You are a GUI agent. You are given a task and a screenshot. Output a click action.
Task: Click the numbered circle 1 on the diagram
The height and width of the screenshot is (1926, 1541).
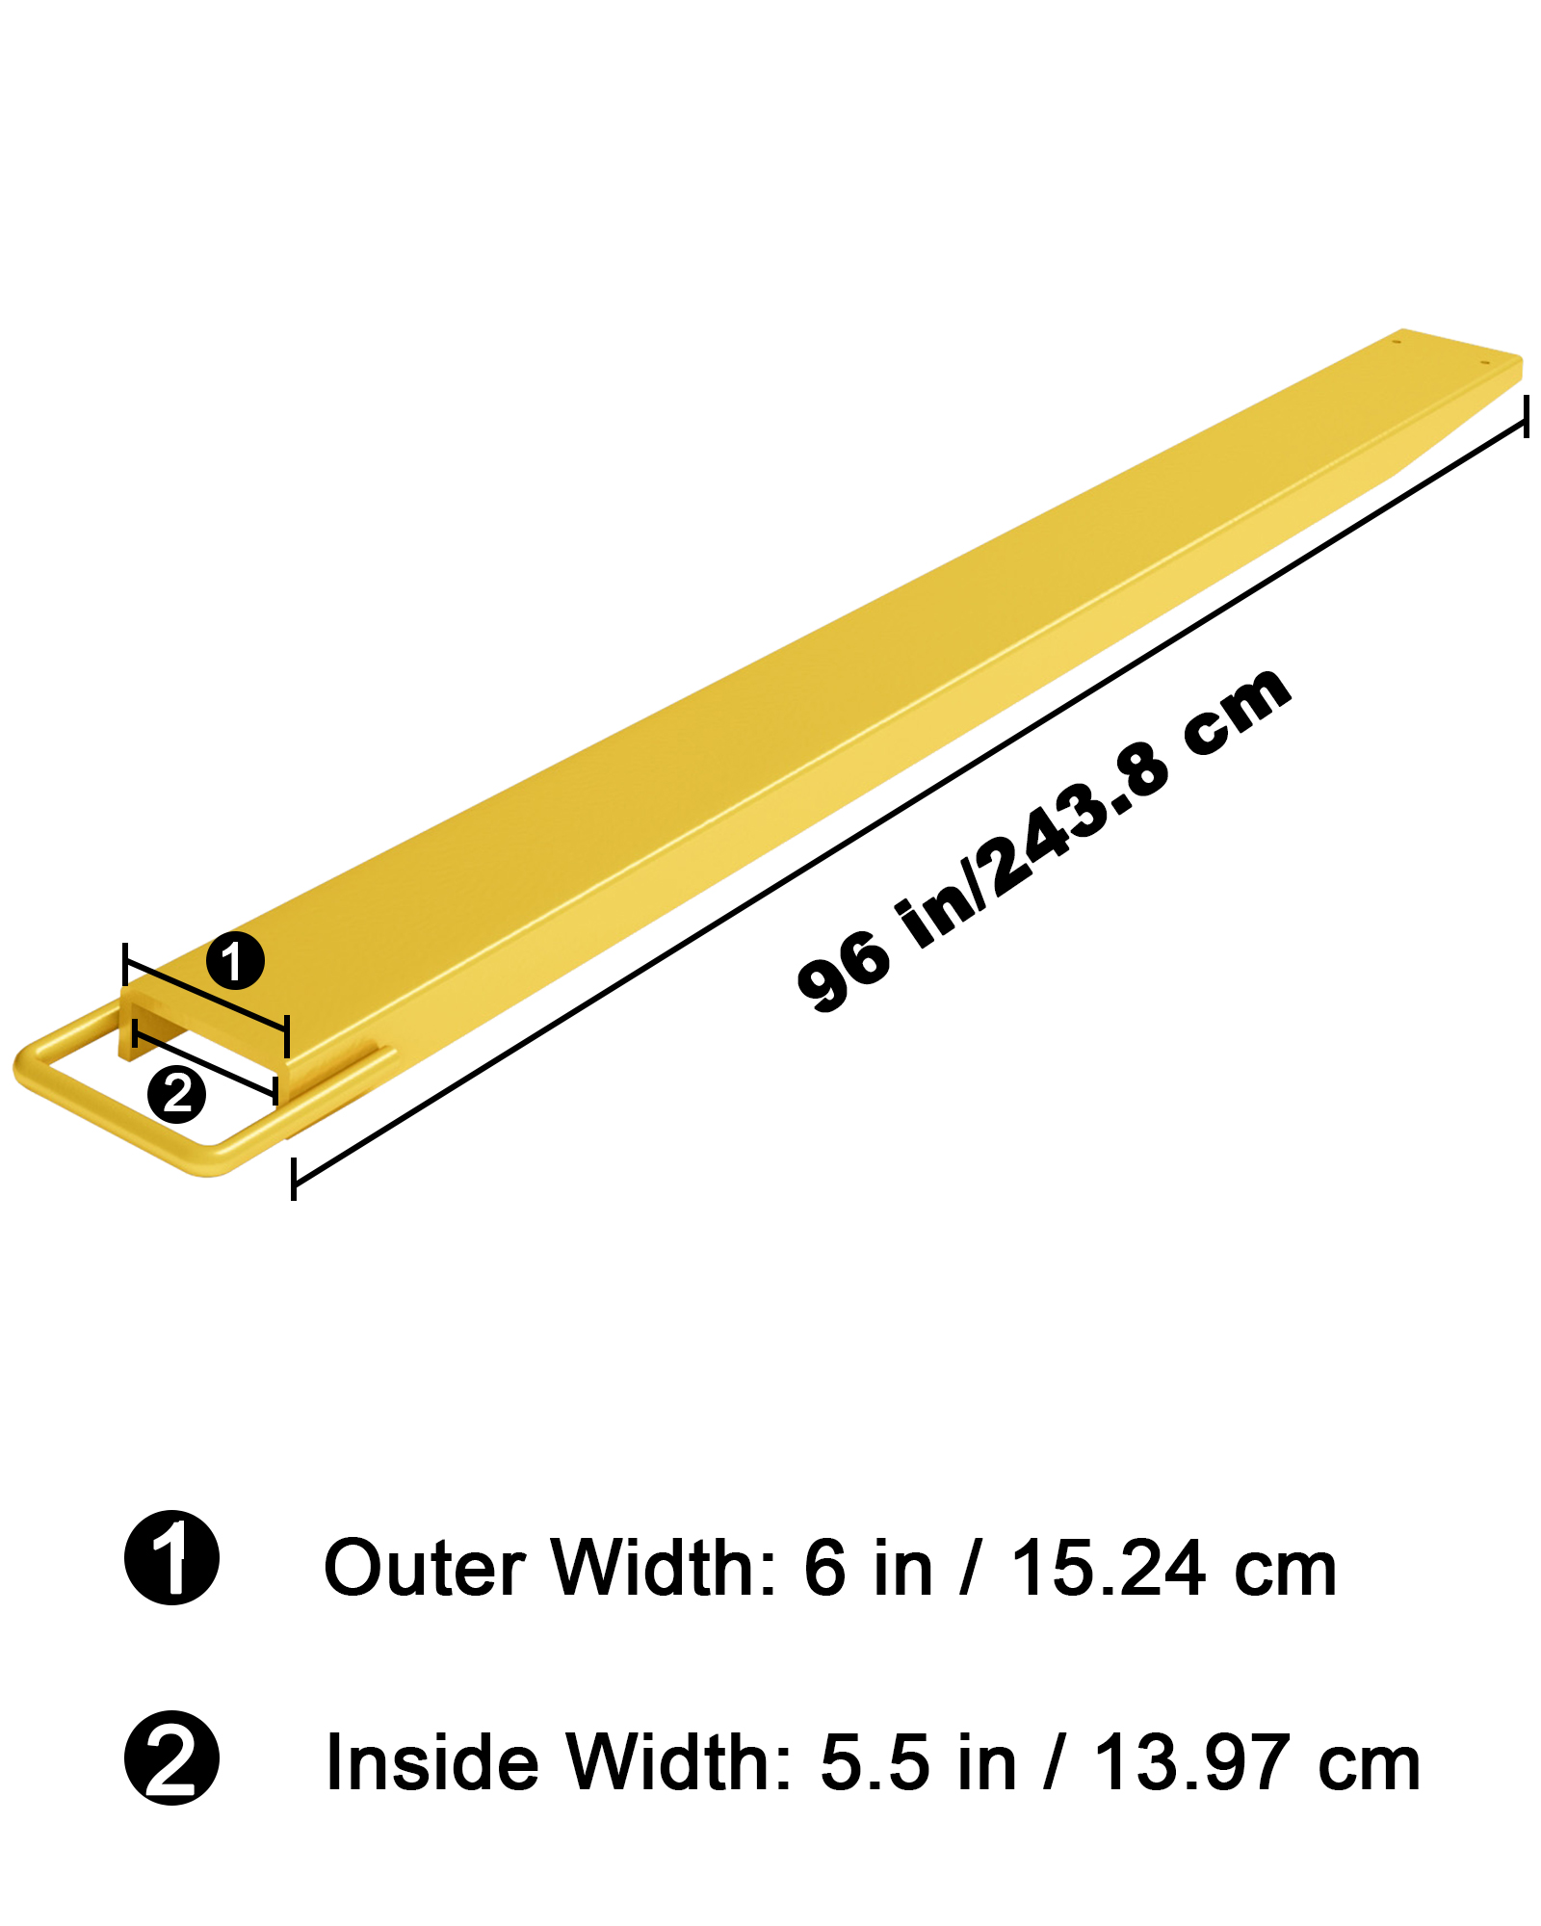pyautogui.click(x=235, y=960)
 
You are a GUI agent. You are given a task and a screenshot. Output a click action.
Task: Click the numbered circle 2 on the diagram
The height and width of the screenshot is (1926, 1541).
pyautogui.click(x=176, y=1094)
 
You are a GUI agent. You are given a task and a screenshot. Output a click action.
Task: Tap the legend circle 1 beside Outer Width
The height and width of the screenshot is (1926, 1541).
pyautogui.click(x=172, y=1557)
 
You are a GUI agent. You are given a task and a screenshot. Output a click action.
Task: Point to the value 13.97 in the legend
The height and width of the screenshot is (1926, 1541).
pyautogui.click(x=1191, y=1762)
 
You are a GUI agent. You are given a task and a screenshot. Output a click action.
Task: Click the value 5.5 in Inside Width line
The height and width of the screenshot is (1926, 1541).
pyautogui.click(x=874, y=1762)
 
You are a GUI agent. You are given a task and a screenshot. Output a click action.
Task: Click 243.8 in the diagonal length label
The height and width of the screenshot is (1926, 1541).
pyautogui.click(x=1079, y=828)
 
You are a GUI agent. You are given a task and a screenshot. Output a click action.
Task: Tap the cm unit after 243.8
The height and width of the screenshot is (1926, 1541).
pyautogui.click(x=1238, y=713)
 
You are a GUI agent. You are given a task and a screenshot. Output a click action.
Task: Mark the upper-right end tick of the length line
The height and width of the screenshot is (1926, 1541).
pyautogui.click(x=1527, y=415)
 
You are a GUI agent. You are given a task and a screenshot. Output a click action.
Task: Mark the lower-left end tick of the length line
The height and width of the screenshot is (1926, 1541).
pyautogui.click(x=294, y=1180)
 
